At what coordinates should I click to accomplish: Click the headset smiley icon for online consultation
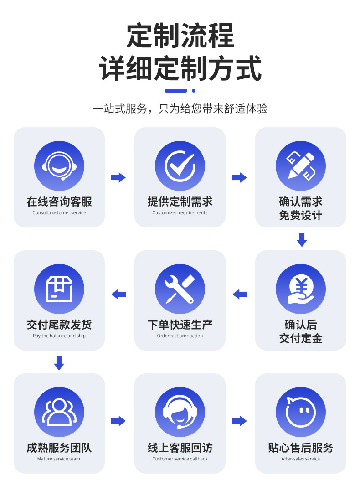(x=59, y=166)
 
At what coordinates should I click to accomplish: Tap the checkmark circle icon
(x=180, y=166)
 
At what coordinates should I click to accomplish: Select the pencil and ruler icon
(x=301, y=166)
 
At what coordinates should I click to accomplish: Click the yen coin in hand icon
(x=301, y=289)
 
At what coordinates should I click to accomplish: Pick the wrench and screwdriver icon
(x=180, y=289)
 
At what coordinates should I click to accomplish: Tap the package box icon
(x=59, y=289)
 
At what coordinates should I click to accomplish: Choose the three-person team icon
(x=59, y=412)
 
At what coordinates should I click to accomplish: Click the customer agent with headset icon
(x=180, y=412)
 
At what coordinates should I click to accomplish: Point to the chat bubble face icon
(x=301, y=412)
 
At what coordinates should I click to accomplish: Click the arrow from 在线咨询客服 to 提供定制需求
(x=118, y=178)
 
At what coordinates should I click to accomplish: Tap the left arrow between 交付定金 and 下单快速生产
(x=240, y=294)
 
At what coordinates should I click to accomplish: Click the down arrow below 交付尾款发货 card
(x=59, y=363)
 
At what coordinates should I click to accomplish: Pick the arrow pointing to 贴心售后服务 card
(x=240, y=421)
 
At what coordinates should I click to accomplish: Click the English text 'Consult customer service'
(x=59, y=213)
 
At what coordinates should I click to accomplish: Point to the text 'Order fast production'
(x=180, y=336)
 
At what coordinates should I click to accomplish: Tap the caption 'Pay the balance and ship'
(x=59, y=336)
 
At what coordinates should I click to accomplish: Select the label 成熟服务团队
(x=59, y=448)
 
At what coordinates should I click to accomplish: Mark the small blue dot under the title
(x=194, y=91)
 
